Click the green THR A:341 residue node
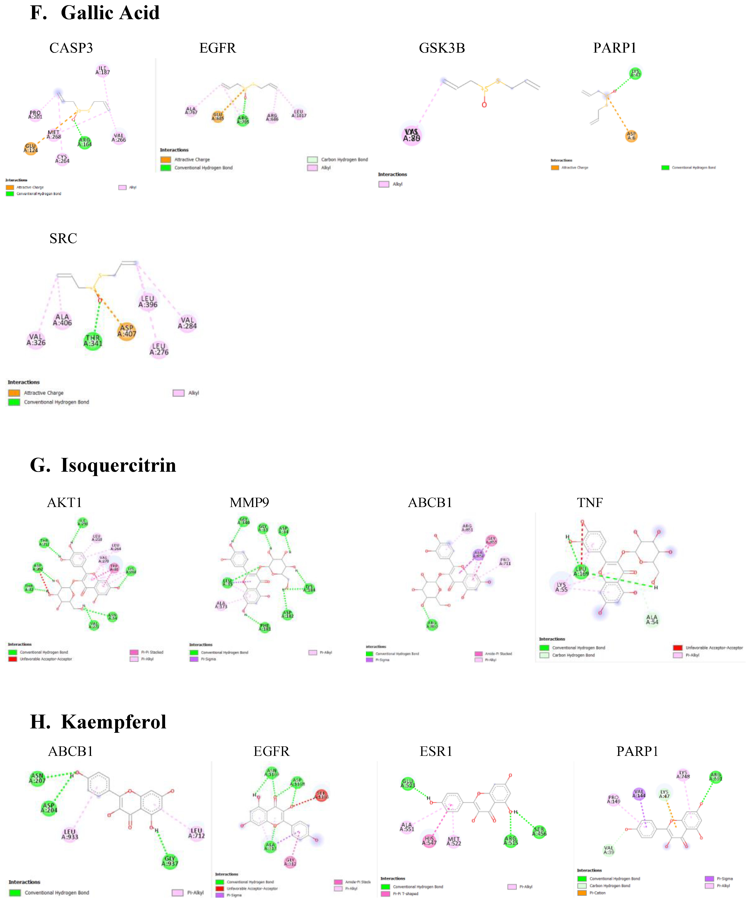93,340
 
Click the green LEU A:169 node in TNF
581,571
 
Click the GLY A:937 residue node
170,861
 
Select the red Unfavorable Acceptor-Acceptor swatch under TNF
678,648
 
